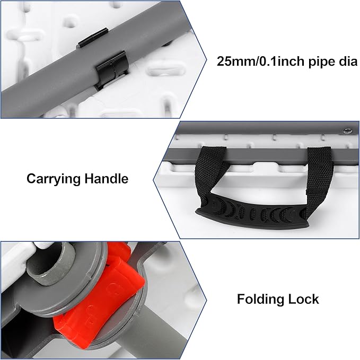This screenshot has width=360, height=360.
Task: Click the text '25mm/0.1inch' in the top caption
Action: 259,62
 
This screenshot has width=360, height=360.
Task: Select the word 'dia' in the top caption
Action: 347,62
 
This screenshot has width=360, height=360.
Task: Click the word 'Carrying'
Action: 53,179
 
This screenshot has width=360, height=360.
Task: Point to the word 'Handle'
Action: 107,178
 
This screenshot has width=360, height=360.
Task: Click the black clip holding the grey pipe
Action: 112,70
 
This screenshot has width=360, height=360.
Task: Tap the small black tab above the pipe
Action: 93,38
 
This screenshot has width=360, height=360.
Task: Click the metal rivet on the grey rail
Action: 347,131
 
